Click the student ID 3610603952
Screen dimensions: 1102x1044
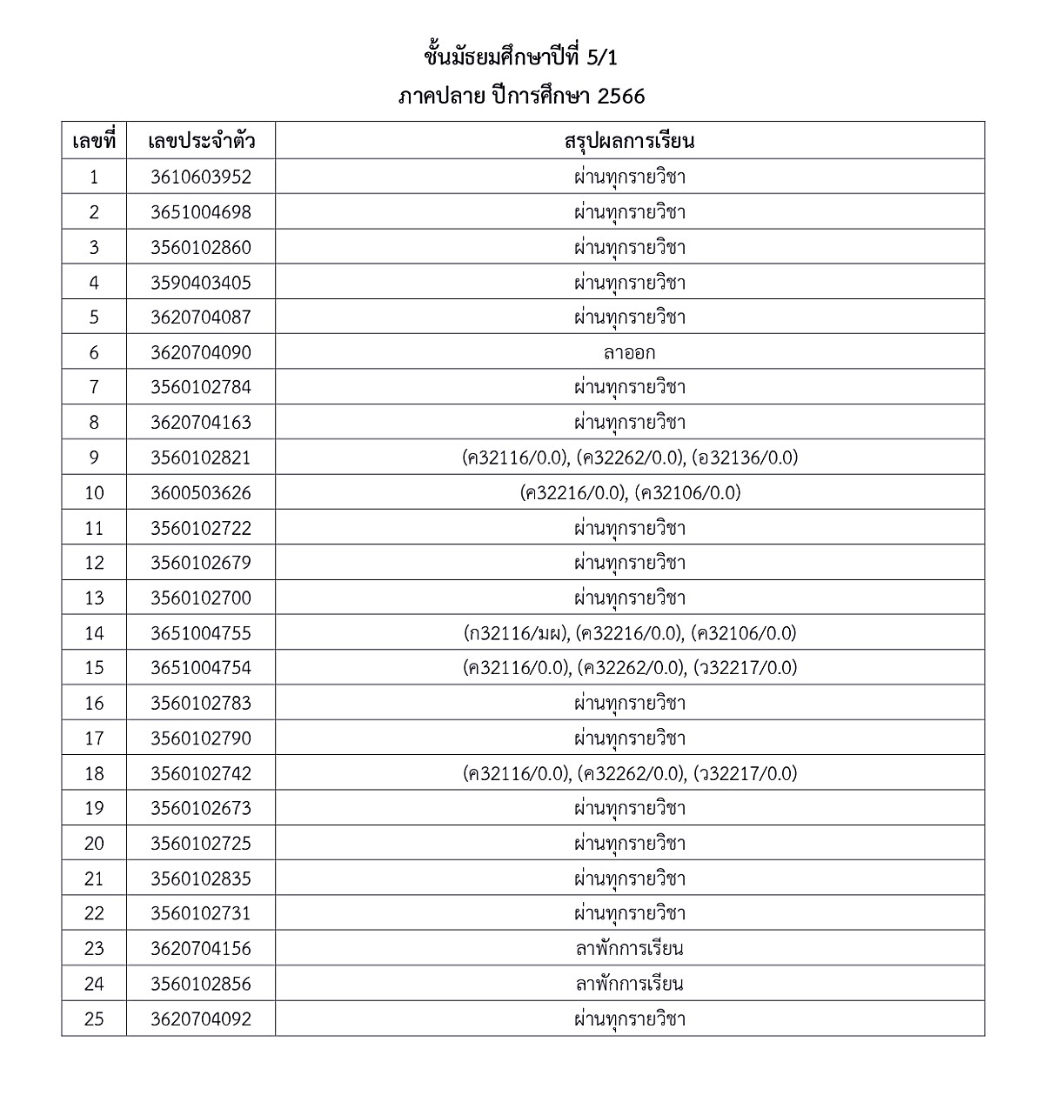200,177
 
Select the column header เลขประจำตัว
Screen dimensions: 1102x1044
201,141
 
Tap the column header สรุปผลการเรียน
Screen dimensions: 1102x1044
629,141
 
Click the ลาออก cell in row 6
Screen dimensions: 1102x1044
629,352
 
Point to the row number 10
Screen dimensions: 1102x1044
94,493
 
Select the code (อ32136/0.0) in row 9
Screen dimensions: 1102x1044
746,457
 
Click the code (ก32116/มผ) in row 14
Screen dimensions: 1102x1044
516,633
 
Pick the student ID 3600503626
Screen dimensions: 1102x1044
200,493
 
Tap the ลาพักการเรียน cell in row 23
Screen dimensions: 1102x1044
629,949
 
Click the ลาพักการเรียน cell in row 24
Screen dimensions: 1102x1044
629,984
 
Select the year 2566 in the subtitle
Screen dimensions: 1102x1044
621,96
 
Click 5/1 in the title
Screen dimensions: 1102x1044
602,57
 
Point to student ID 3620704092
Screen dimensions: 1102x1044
200,1019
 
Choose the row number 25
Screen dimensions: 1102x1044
94,1019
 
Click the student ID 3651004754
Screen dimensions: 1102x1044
200,668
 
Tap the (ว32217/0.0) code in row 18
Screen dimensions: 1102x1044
745,773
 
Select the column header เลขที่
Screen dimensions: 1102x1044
94,141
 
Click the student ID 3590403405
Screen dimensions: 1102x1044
200,283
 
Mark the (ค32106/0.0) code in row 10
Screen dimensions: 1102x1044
687,493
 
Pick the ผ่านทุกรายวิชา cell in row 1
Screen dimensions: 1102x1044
629,177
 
